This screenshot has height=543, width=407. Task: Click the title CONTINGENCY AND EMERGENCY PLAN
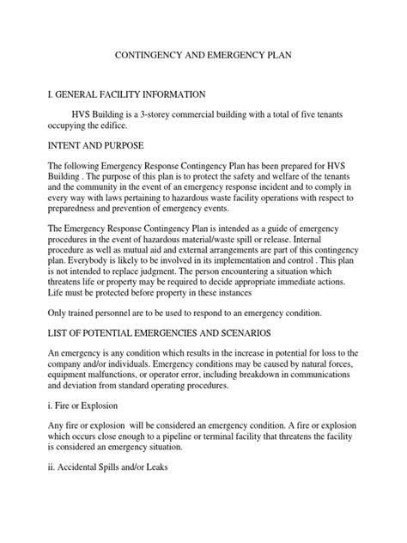pyautogui.click(x=203, y=53)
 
